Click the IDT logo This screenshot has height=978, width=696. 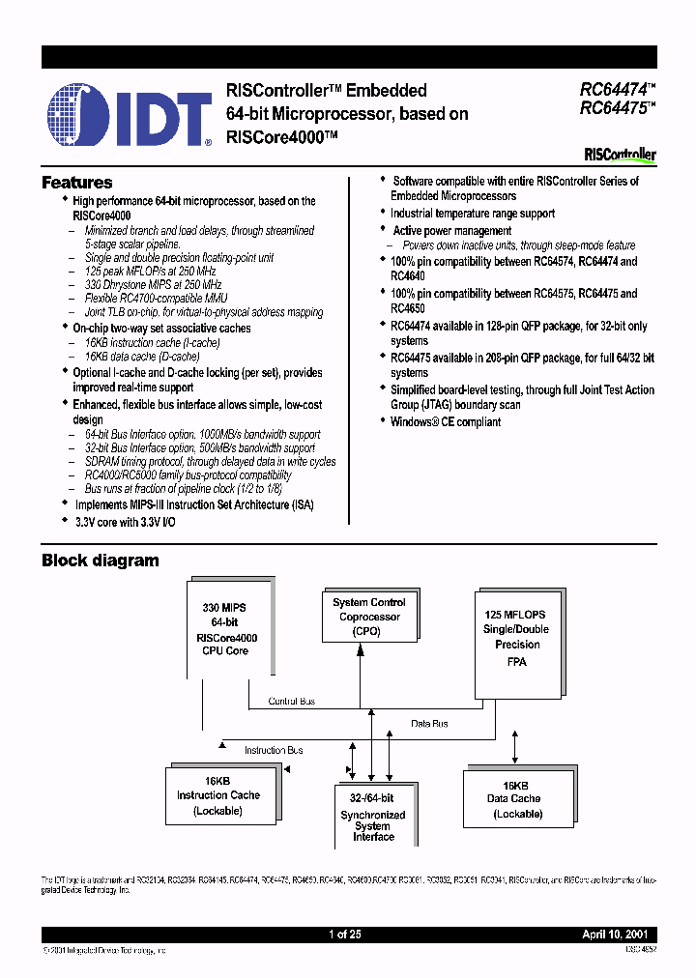pyautogui.click(x=129, y=114)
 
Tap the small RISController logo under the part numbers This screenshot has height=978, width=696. pyautogui.click(x=620, y=155)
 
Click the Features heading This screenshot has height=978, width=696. pyautogui.click(x=76, y=183)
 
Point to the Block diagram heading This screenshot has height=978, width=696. pyautogui.click(x=100, y=561)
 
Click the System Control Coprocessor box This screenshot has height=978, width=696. pyautogui.click(x=368, y=617)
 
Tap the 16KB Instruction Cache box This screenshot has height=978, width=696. pyautogui.click(x=217, y=795)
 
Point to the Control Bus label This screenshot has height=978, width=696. pyautogui.click(x=291, y=701)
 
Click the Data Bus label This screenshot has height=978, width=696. pyautogui.click(x=429, y=723)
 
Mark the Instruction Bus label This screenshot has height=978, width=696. pyautogui.click(x=274, y=750)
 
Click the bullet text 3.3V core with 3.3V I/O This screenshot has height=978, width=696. pyautogui.click(x=125, y=521)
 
